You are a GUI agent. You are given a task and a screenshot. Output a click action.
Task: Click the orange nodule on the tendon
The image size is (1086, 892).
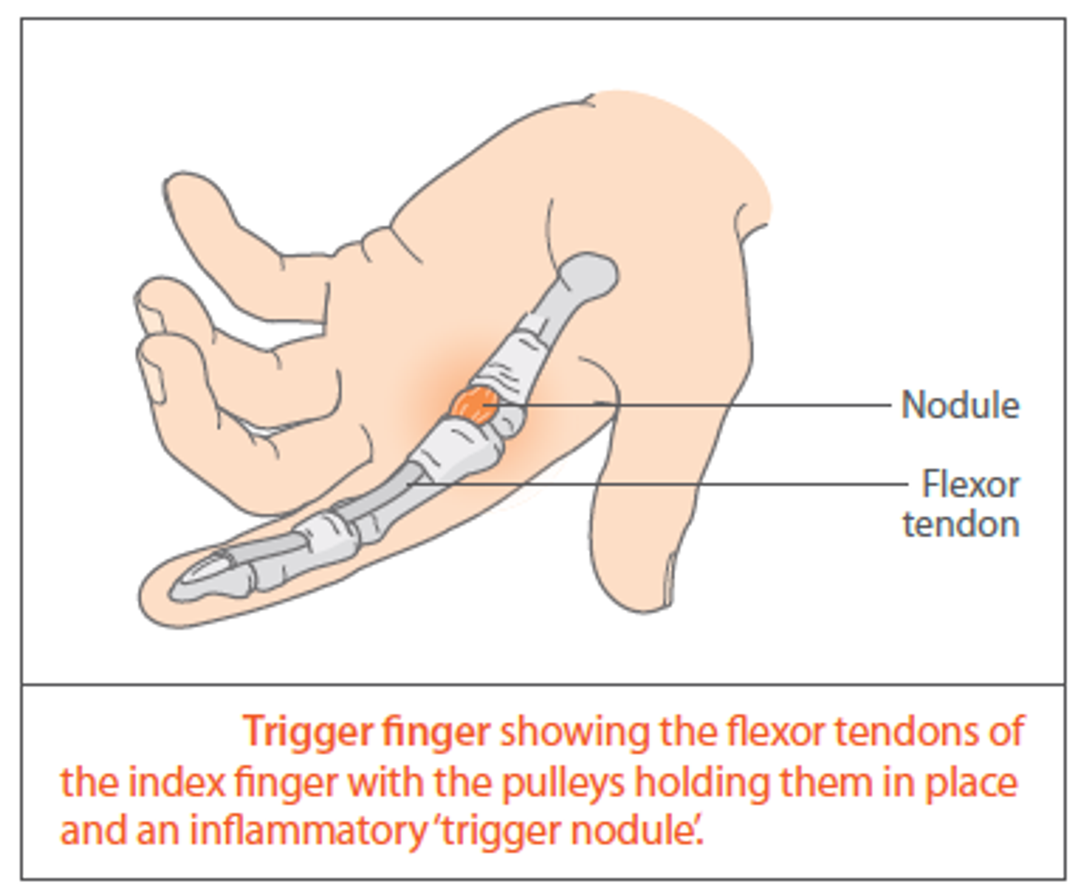tap(474, 405)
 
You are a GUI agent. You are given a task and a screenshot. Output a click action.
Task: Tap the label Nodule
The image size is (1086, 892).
tap(960, 406)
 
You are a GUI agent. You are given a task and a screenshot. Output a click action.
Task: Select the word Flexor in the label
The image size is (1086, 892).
tap(970, 485)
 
